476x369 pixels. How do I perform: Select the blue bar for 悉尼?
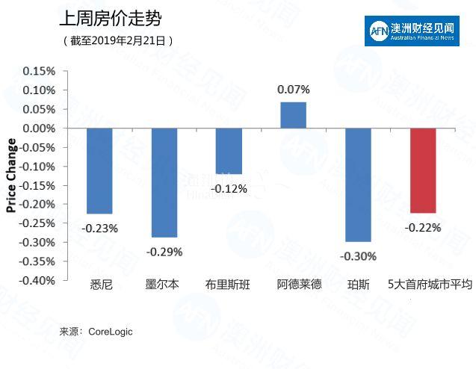click(x=99, y=171)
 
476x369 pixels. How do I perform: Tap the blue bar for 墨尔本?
click(x=164, y=182)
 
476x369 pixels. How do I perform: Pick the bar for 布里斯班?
click(x=229, y=151)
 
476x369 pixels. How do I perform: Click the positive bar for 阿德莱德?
click(x=293, y=115)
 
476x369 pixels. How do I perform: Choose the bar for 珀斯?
click(x=358, y=184)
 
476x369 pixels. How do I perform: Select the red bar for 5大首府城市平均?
click(x=423, y=170)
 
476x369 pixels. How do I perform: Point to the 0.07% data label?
click(x=293, y=90)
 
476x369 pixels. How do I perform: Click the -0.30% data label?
click(x=358, y=256)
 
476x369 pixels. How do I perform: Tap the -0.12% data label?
click(x=229, y=189)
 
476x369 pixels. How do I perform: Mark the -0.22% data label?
click(x=423, y=227)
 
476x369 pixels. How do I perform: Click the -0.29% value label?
click(x=164, y=252)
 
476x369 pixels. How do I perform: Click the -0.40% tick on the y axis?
click(x=37, y=281)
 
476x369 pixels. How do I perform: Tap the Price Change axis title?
click(x=11, y=176)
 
